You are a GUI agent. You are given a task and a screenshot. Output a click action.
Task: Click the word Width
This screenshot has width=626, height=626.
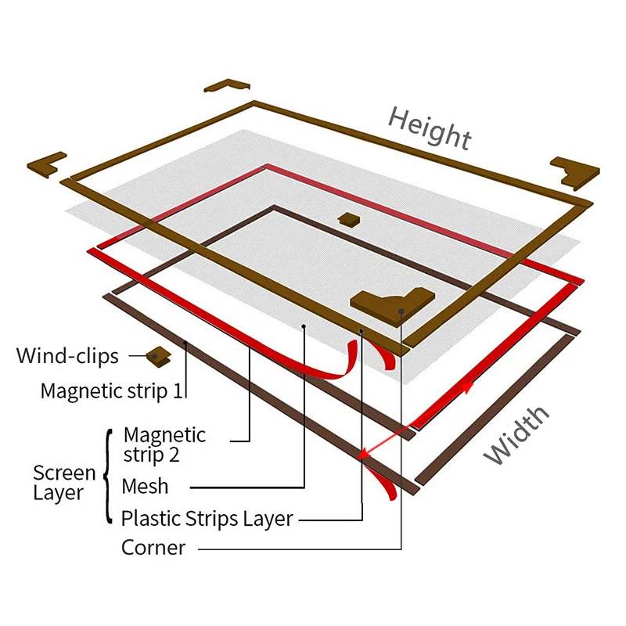point(517,435)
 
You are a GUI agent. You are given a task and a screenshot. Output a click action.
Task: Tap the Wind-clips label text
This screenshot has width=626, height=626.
point(67,357)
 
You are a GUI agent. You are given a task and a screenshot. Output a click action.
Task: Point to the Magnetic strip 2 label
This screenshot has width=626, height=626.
point(164,444)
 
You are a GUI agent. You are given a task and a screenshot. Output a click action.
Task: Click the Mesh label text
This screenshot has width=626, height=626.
point(145,486)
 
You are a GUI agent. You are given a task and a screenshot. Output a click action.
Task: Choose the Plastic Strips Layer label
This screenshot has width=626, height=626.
point(207,518)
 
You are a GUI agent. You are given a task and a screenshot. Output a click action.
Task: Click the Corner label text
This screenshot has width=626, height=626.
point(153,547)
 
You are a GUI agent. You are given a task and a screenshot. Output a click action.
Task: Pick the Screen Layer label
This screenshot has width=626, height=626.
point(64,483)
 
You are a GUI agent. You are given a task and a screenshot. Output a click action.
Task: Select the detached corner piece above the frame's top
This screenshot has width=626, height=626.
point(226,85)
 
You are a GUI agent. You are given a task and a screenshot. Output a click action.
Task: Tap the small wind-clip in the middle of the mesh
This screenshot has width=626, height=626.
point(346,218)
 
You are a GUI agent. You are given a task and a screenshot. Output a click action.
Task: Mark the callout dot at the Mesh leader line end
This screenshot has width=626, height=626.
point(304,323)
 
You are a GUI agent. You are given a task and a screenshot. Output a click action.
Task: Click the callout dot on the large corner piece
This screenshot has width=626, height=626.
point(401,311)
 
